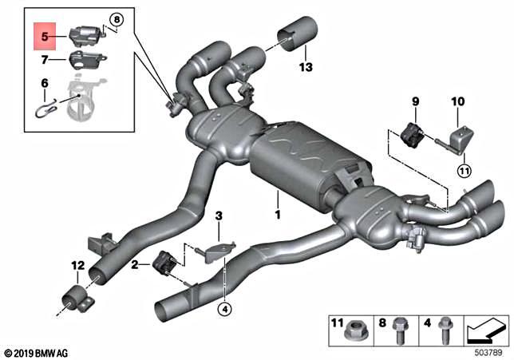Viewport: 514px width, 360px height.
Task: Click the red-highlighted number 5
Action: [x=44, y=36]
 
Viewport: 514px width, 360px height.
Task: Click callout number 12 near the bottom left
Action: [x=77, y=265]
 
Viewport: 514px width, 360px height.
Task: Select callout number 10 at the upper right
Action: [x=457, y=101]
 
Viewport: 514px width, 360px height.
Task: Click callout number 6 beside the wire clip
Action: [x=45, y=83]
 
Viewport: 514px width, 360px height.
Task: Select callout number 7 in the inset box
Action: [x=45, y=58]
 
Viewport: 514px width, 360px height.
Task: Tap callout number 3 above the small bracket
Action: [x=218, y=216]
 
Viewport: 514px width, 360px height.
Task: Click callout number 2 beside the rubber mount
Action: [x=136, y=263]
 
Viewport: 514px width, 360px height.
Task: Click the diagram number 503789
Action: [x=487, y=351]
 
